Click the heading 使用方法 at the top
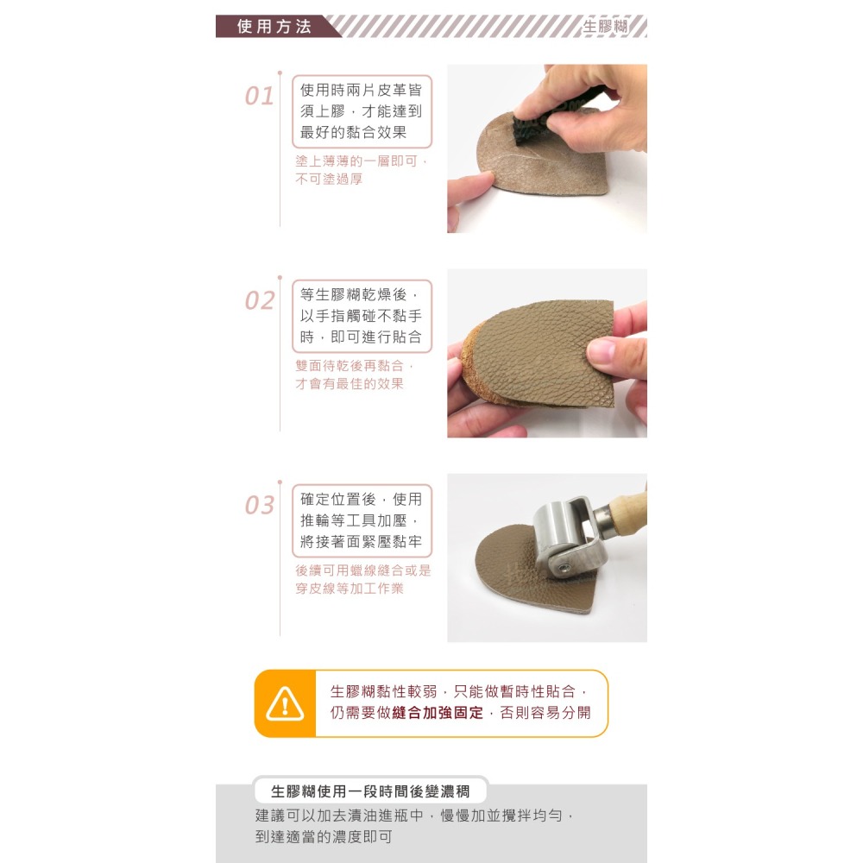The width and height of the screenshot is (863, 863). (274, 26)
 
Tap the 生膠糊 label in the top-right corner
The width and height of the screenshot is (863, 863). (606, 26)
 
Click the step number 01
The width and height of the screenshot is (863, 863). (259, 96)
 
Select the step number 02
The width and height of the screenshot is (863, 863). (259, 300)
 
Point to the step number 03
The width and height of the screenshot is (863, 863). (259, 505)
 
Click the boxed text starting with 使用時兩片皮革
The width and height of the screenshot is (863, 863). (362, 111)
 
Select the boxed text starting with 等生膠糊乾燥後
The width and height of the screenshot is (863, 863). (362, 316)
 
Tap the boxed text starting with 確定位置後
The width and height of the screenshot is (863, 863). (362, 520)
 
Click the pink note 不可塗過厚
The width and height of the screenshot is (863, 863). (329, 180)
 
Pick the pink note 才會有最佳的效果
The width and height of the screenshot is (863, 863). (350, 384)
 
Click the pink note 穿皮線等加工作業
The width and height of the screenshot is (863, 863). (350, 589)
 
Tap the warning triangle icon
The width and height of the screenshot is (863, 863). (285, 704)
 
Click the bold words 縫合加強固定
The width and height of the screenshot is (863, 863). (438, 714)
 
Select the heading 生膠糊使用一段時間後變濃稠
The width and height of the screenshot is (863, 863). (370, 791)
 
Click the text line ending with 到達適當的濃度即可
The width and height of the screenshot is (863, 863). (324, 837)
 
